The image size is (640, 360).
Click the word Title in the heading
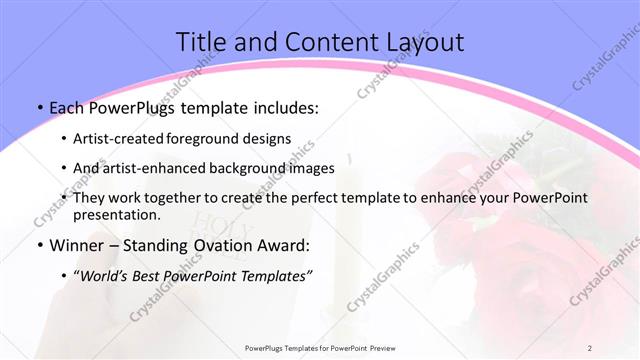(x=201, y=42)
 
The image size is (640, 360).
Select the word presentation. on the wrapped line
(x=117, y=215)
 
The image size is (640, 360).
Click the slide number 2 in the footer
(x=590, y=347)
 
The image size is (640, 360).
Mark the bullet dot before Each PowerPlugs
(x=38, y=107)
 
